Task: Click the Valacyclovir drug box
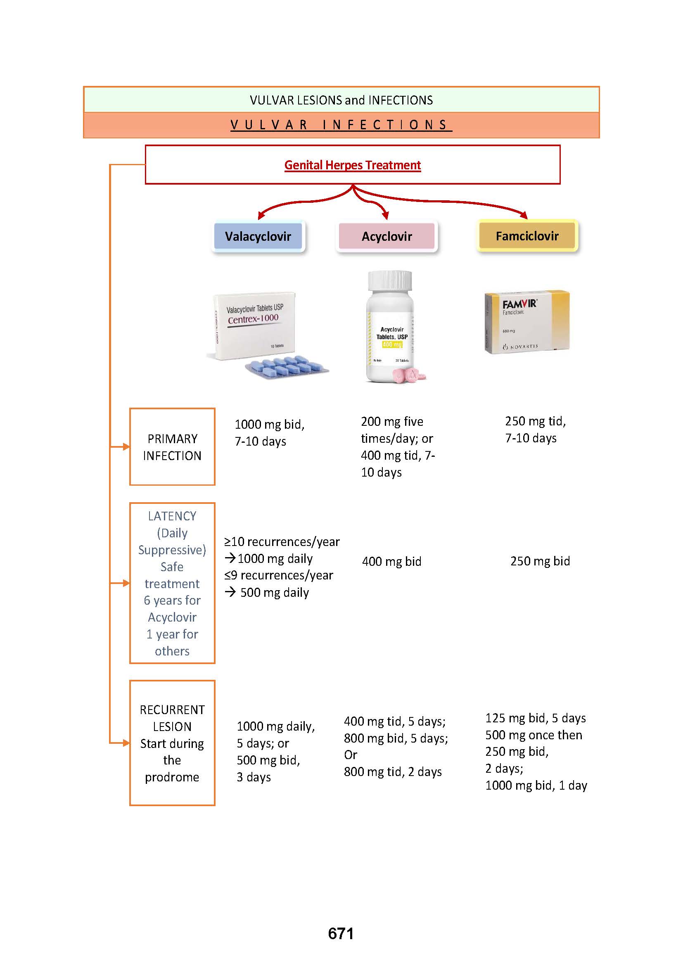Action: [x=258, y=236]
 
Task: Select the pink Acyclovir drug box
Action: [x=387, y=236]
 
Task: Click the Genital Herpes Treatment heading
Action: [x=352, y=165]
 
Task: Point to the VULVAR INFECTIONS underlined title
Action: [x=341, y=125]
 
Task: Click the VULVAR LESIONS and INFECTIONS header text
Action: [x=341, y=100]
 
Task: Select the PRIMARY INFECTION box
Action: [x=172, y=447]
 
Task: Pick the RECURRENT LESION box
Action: [x=172, y=743]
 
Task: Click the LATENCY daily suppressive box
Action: [x=172, y=583]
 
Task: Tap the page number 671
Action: [x=341, y=933]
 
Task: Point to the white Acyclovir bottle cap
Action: [x=390, y=280]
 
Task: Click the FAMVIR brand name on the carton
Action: [x=520, y=304]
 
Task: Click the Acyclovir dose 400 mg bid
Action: [x=391, y=561]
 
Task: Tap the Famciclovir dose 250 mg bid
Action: [x=540, y=561]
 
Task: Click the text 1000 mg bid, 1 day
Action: [x=536, y=786]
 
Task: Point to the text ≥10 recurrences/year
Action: [x=282, y=541]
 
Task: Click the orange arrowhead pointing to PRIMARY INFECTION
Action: [x=126, y=447]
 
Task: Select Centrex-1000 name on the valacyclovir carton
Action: [x=253, y=319]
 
